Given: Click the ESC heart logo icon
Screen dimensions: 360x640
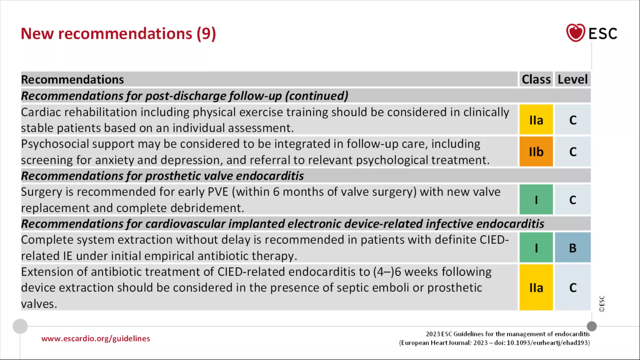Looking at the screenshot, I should pyautogui.click(x=575, y=33).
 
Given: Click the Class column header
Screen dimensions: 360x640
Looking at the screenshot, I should pyautogui.click(x=536, y=79).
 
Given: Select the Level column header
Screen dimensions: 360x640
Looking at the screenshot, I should pyautogui.click(x=572, y=79).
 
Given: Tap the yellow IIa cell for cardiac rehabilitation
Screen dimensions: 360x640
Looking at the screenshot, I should pyautogui.click(x=536, y=120).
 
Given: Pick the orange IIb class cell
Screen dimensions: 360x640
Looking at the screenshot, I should pyautogui.click(x=536, y=152).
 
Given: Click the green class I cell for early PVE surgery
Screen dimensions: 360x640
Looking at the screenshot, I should pyautogui.click(x=536, y=200).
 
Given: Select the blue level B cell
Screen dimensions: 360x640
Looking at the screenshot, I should pyautogui.click(x=572, y=248).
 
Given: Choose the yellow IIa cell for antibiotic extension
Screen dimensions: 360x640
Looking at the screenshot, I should pyautogui.click(x=536, y=288).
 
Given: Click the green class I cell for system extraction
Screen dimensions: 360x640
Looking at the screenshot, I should pyautogui.click(x=536, y=248).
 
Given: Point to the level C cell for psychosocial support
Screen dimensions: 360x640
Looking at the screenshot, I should pyautogui.click(x=572, y=152).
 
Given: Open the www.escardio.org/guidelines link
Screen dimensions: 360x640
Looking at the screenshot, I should pyautogui.click(x=96, y=338).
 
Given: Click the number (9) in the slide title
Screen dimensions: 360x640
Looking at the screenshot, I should pyautogui.click(x=206, y=34).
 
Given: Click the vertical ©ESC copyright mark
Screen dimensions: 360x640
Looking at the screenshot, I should pyautogui.click(x=602, y=304).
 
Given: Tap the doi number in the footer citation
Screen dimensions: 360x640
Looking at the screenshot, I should pyautogui.click(x=548, y=343).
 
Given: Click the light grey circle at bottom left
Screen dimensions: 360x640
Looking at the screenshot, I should pyautogui.click(x=20, y=326).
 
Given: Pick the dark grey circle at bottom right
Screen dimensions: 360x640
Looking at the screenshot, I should pyautogui.click(x=592, y=326).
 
